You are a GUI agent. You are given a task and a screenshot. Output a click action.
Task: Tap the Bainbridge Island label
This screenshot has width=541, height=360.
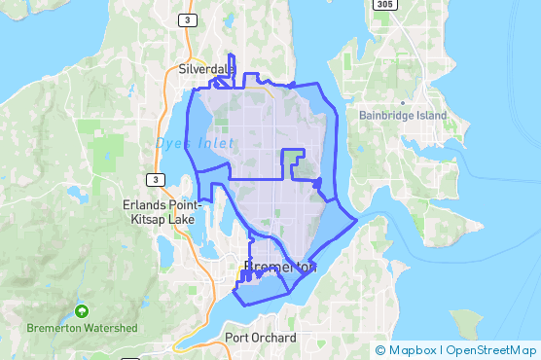pyautogui.click(x=402, y=116)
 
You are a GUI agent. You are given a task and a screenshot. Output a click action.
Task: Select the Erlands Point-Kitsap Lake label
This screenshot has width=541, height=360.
pyautogui.click(x=160, y=210)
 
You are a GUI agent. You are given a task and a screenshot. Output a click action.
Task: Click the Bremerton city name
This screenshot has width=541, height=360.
pyautogui.click(x=278, y=267)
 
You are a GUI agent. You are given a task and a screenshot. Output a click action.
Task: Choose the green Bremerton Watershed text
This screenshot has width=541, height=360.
pyautogui.click(x=82, y=328)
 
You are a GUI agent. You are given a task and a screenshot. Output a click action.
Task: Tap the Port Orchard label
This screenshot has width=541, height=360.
pyautogui.click(x=260, y=338)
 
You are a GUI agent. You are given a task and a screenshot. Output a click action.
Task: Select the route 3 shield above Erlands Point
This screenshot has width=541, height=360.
pyautogui.click(x=153, y=179)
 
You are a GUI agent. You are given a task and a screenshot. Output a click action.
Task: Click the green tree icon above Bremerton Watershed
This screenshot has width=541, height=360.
pyautogui.click(x=82, y=312)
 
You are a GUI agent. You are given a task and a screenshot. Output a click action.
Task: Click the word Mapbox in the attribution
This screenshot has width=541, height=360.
pyautogui.click(x=410, y=349)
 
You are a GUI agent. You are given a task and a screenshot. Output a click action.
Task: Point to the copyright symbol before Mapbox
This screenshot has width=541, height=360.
pyautogui.click(x=380, y=349)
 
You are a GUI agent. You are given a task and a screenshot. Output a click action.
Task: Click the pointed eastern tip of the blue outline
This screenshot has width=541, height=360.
pyautogui.click(x=357, y=219)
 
